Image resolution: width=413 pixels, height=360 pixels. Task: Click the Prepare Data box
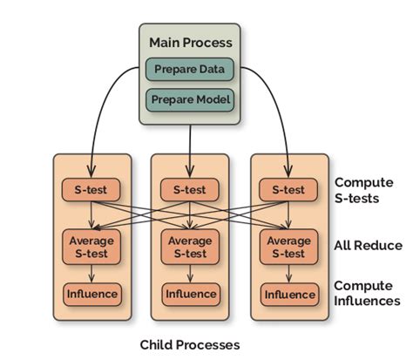(x=189, y=69)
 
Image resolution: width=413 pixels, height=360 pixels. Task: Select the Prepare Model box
(x=189, y=99)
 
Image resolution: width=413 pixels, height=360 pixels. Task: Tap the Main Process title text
(x=189, y=42)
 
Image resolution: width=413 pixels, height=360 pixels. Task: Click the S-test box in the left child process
(x=91, y=189)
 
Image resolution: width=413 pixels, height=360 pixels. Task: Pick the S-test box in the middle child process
(x=189, y=189)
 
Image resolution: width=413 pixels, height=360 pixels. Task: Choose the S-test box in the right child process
(x=288, y=189)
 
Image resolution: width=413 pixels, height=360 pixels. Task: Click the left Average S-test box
(x=91, y=247)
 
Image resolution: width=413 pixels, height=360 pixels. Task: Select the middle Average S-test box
(x=189, y=247)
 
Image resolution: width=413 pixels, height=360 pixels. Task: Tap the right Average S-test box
(x=288, y=247)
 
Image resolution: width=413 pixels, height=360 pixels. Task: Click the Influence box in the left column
(x=91, y=294)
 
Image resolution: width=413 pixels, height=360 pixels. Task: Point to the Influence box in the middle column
(x=189, y=294)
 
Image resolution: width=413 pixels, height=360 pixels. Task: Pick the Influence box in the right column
(x=288, y=294)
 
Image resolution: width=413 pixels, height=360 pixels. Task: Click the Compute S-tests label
(x=367, y=191)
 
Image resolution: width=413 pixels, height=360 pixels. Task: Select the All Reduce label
(x=367, y=246)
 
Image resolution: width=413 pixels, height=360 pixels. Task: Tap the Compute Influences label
(x=367, y=293)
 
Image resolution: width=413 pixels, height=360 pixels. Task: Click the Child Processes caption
(x=189, y=345)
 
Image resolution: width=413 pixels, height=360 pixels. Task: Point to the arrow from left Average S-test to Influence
(x=91, y=275)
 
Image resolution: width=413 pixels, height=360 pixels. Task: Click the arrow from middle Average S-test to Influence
(x=189, y=275)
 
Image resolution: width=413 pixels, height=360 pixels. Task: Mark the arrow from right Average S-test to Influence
(x=288, y=275)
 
